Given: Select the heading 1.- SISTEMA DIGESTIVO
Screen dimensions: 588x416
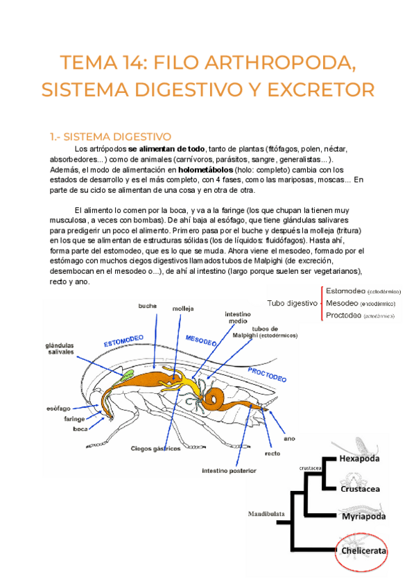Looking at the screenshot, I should [110, 136].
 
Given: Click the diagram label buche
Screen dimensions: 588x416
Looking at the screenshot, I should [148, 306].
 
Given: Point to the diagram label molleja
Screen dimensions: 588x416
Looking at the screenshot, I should [183, 308].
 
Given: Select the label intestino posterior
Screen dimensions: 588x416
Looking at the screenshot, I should [229, 471].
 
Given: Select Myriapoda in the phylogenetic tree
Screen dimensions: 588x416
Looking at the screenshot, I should [363, 517].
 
